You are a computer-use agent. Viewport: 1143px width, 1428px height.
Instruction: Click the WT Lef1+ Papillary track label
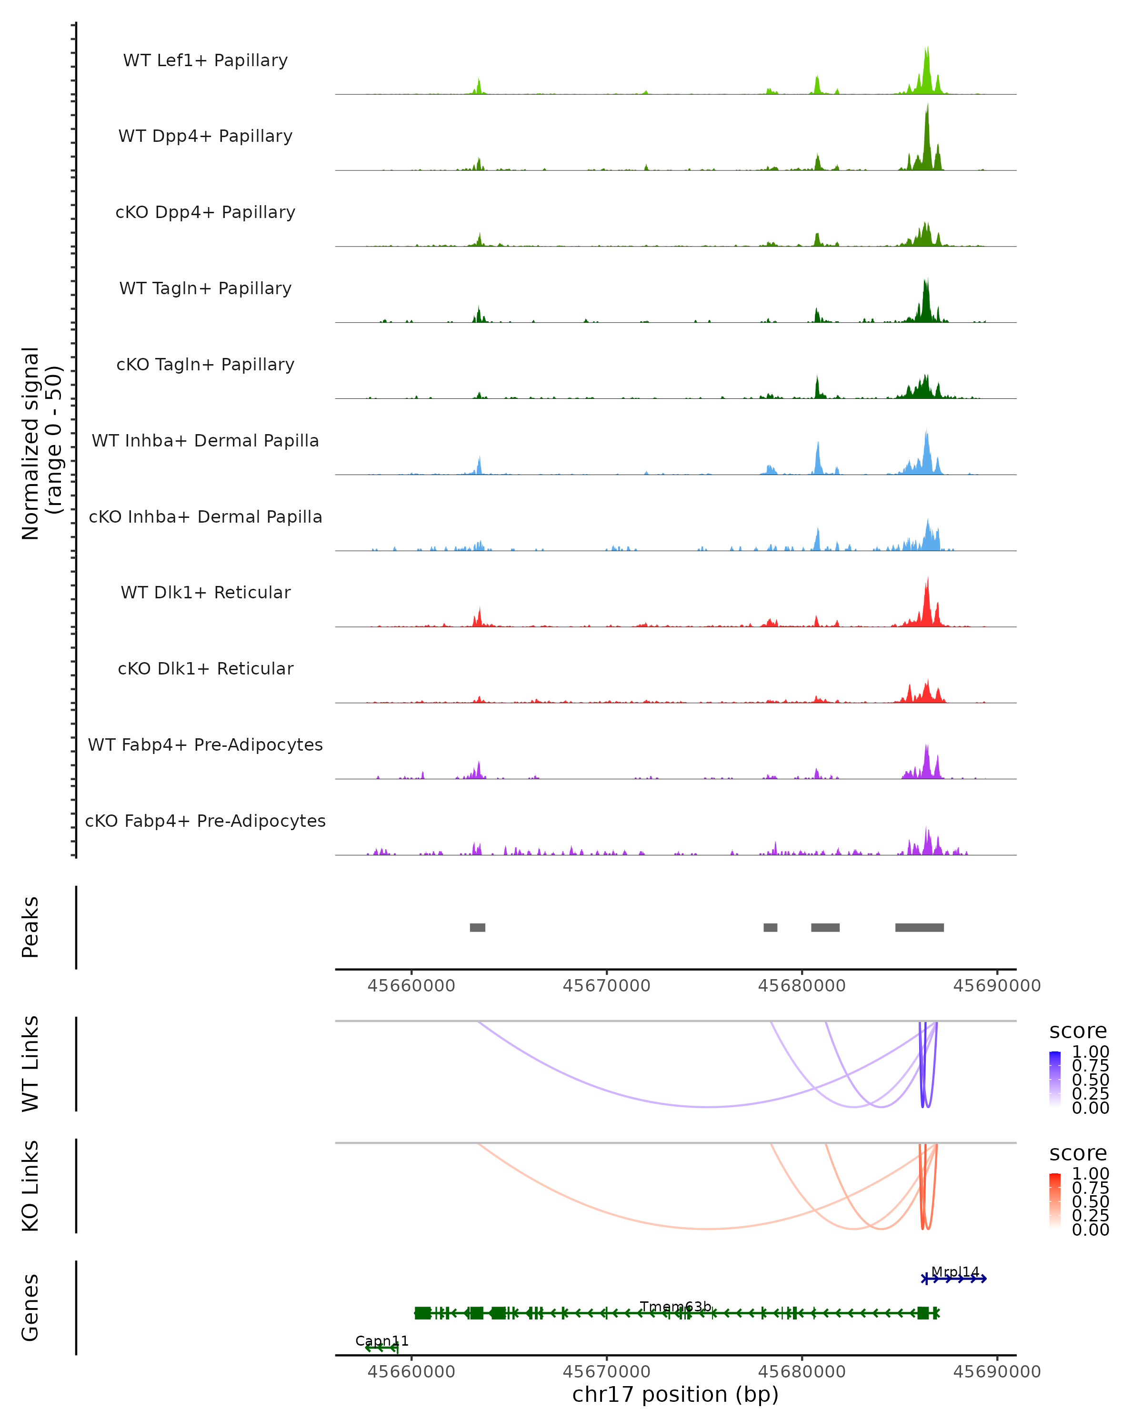pos(205,60)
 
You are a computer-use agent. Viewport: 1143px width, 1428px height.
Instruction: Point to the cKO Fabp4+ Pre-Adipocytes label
pos(205,821)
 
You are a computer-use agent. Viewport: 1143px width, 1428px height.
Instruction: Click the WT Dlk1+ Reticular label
pos(205,592)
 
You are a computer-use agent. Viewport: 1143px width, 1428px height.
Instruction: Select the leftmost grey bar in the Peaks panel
pos(477,927)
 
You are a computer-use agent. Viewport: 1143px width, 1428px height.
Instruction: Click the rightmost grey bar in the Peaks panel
pos(919,927)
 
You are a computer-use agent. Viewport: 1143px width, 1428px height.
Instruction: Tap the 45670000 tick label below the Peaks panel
pos(606,986)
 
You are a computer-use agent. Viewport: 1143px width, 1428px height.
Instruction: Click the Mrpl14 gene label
pos(955,1272)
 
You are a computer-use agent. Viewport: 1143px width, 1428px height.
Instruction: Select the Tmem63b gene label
pos(675,1306)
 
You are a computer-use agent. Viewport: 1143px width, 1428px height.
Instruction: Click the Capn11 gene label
pos(381,1340)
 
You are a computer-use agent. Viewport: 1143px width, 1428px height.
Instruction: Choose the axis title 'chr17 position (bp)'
pos(675,1394)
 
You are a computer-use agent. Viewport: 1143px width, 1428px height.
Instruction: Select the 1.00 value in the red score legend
pos(1090,1173)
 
